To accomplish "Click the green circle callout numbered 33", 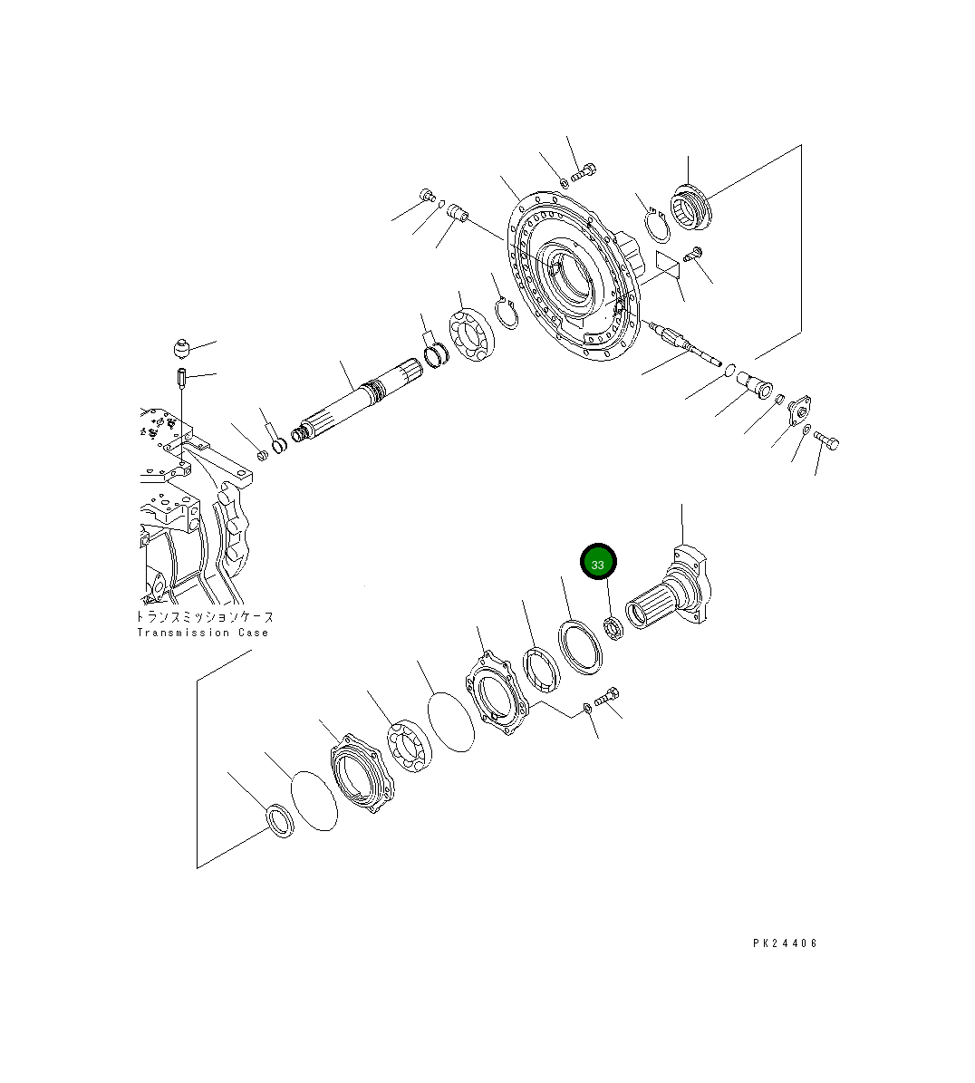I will click(598, 563).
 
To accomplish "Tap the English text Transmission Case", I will click(203, 633).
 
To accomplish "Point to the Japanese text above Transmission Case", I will click(203, 616).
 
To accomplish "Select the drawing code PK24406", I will click(785, 943).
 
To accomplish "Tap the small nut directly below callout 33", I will click(613, 625).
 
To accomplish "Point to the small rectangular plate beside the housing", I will click(668, 266).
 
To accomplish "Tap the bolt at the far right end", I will click(826, 440).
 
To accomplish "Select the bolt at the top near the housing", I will click(585, 169).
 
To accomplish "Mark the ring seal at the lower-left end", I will click(278, 820).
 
